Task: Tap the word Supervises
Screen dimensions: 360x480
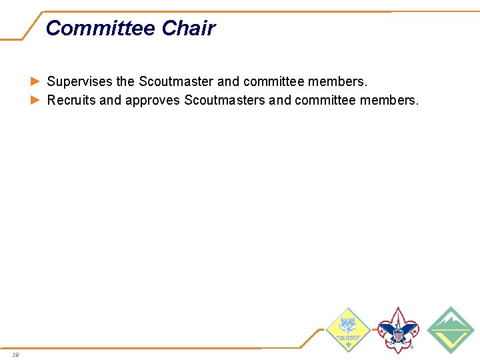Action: click(x=80, y=82)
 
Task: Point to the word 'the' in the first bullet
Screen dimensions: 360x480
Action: click(x=125, y=82)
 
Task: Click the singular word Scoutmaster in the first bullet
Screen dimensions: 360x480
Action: click(x=176, y=82)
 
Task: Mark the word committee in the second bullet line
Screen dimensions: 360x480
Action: click(x=325, y=101)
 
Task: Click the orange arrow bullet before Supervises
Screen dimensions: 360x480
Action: click(x=35, y=82)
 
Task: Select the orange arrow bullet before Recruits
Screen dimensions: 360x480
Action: click(x=35, y=101)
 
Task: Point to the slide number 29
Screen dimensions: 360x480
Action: click(x=15, y=354)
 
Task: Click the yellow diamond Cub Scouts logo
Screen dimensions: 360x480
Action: click(x=347, y=329)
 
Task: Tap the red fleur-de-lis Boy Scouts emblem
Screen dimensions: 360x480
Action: click(x=398, y=330)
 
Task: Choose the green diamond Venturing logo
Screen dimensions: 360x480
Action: click(x=450, y=329)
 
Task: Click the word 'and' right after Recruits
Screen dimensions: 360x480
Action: click(x=110, y=101)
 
